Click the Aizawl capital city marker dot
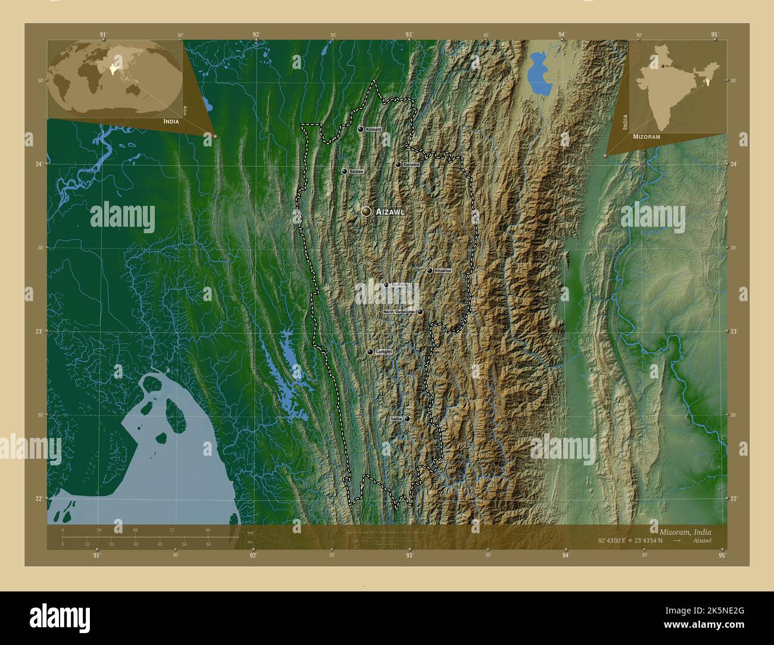coord(366,211)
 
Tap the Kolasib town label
coord(374,129)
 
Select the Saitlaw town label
coord(356,171)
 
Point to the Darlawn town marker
coord(398,164)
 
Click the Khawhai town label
coord(443,271)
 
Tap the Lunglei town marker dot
coord(370,352)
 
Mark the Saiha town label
coord(396,419)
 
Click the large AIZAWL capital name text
coord(390,212)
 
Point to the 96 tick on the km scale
coord(208,530)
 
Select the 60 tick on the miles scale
coord(208,544)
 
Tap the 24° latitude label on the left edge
coord(39,164)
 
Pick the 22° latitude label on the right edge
coord(734,498)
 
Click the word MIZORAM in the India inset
coord(647,136)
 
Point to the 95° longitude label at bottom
coord(722,555)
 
